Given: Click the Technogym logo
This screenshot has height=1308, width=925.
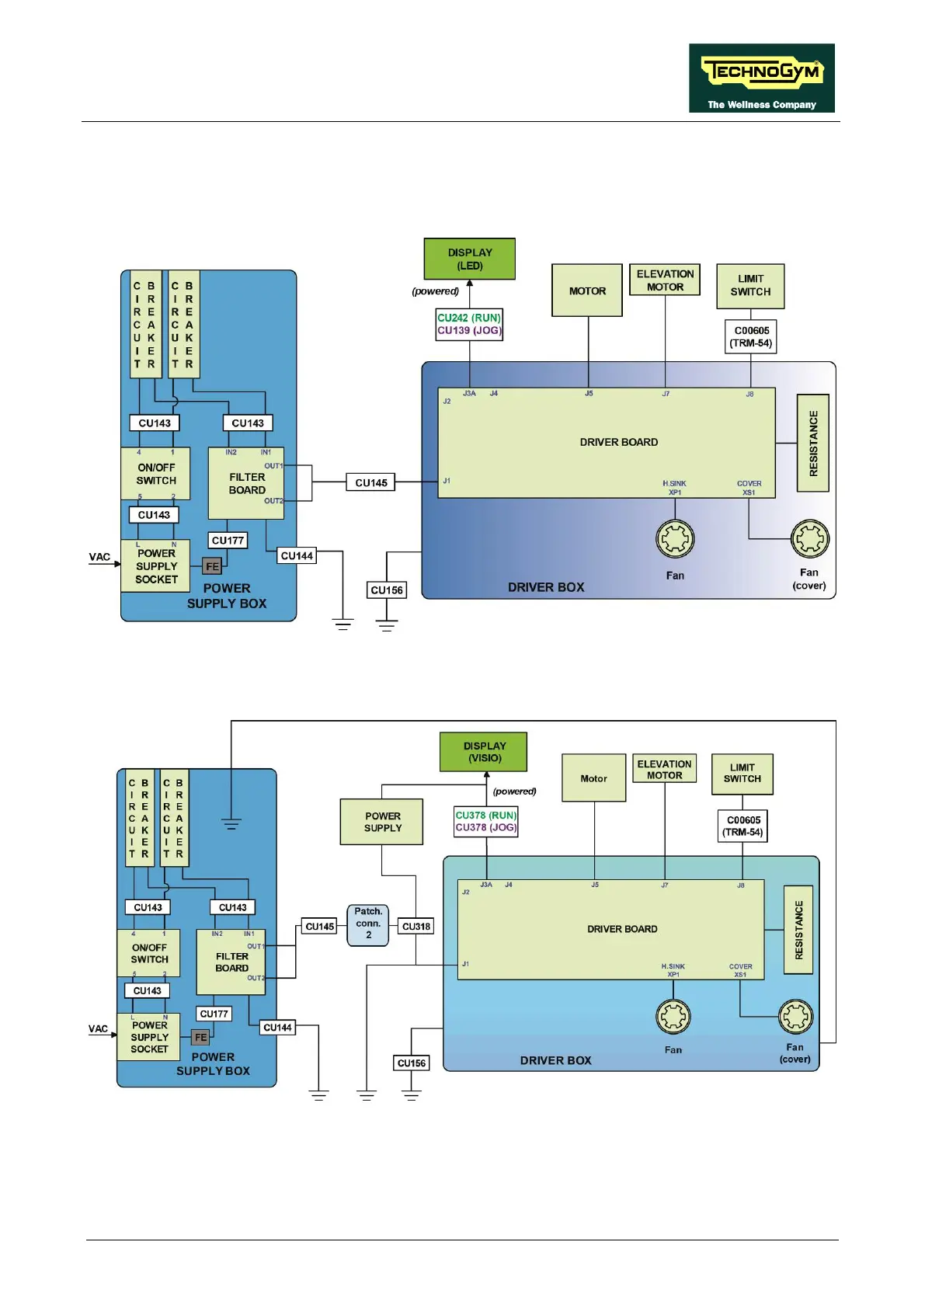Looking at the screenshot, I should [761, 78].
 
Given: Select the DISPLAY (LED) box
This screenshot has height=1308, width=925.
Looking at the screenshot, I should [469, 259].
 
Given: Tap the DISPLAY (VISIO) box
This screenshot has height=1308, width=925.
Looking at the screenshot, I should [484, 752].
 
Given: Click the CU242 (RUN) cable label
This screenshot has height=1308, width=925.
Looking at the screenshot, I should [469, 318].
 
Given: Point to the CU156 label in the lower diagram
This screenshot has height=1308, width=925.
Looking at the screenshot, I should [412, 1063].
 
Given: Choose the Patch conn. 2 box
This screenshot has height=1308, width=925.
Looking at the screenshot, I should [368, 924].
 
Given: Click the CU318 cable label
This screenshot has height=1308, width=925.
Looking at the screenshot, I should [416, 926].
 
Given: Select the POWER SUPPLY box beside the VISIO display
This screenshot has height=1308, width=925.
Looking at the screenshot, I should [382, 822].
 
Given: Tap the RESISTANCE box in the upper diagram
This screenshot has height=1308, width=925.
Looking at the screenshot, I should [813, 443].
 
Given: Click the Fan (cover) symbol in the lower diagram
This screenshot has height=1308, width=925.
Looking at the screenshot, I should [795, 1017].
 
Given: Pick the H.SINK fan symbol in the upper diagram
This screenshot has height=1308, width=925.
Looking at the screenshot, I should [675, 539].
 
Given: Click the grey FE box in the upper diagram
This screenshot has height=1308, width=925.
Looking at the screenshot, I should [212, 566].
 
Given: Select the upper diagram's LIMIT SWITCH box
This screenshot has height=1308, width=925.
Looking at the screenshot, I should [750, 286].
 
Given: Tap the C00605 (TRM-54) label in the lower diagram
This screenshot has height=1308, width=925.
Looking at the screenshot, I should [743, 826].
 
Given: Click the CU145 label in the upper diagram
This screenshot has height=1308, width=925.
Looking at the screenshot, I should [371, 482].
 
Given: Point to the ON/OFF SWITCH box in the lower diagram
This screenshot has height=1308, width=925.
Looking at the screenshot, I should [149, 953].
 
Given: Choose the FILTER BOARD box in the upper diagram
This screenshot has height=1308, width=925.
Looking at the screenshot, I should [246, 483].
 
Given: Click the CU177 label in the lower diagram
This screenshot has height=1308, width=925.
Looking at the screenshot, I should [214, 1014].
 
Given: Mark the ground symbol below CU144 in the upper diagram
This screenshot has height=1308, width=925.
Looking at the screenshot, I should [343, 623].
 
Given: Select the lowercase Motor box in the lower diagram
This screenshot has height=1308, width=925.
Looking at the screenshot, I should [593, 778].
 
